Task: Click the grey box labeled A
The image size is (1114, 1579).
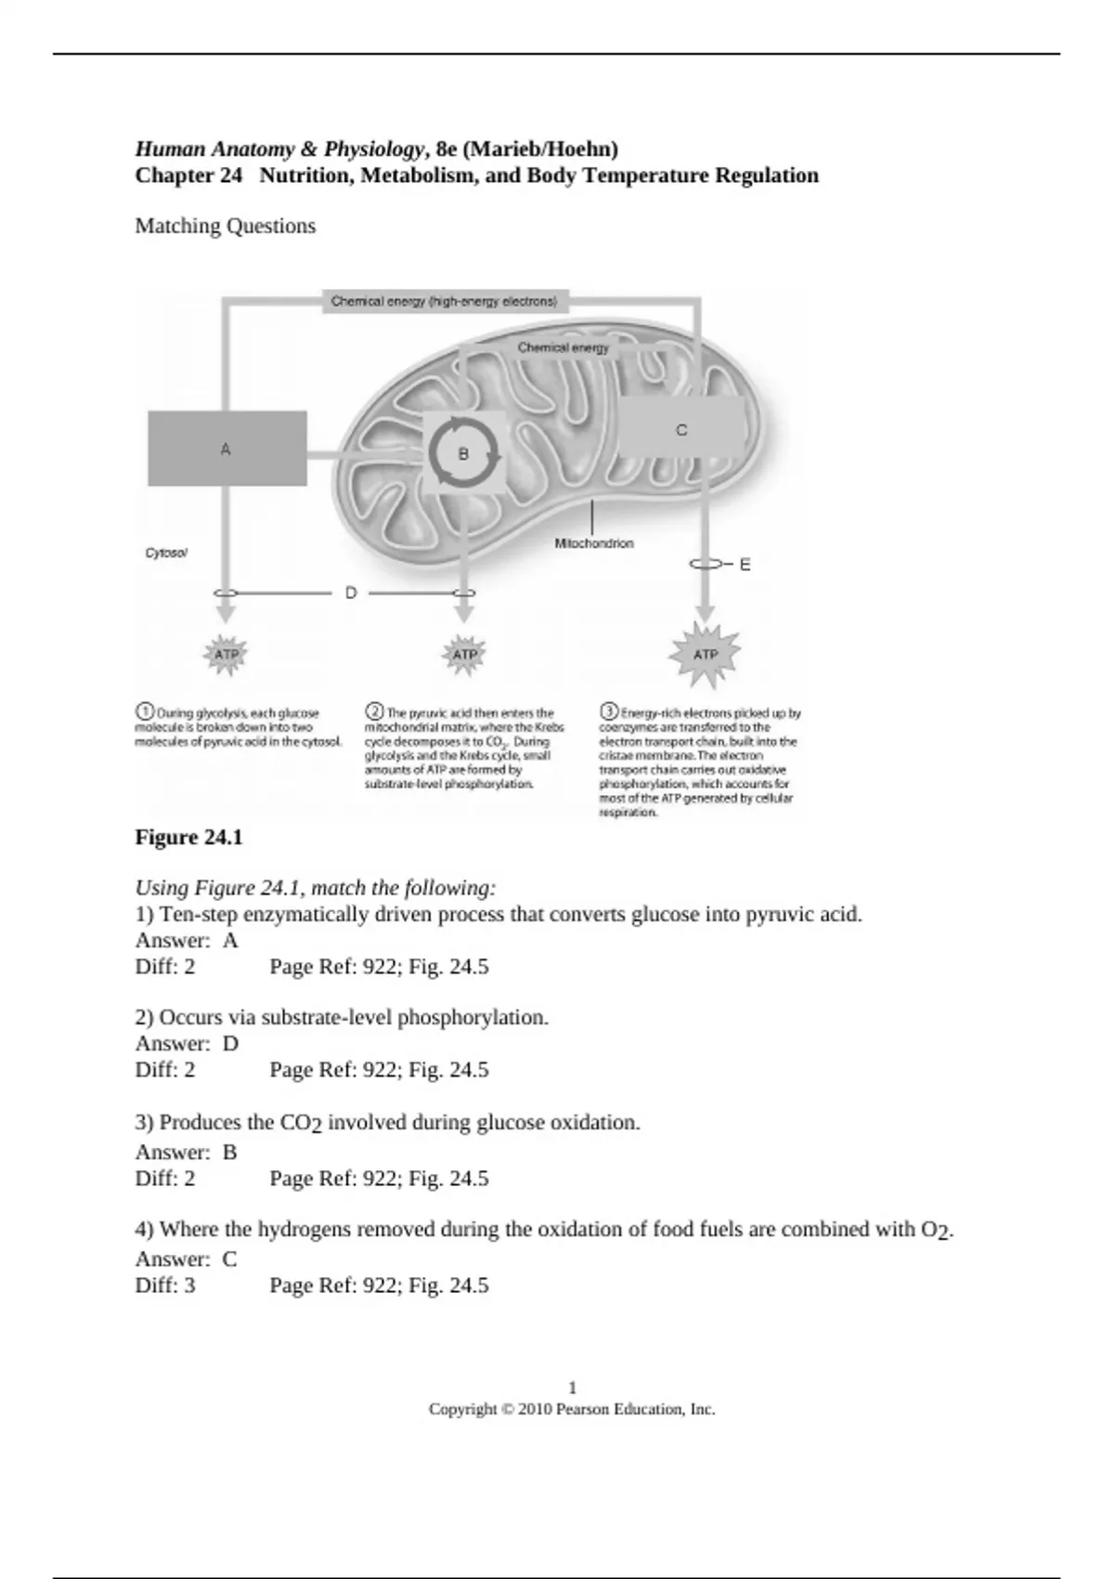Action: [x=227, y=449]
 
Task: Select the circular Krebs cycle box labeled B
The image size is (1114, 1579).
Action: [x=464, y=454]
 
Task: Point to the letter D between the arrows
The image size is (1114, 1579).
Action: [x=351, y=593]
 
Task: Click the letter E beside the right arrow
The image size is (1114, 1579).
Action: [x=745, y=564]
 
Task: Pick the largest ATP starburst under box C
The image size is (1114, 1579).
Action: [x=706, y=654]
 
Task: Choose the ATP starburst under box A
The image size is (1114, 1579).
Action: [x=226, y=654]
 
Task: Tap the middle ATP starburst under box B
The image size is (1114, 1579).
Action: [x=464, y=654]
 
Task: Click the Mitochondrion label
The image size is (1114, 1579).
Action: [x=594, y=543]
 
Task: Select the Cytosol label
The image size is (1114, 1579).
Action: [x=166, y=553]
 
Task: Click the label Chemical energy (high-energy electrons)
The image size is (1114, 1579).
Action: [x=445, y=301]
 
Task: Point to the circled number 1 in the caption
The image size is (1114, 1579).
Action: [x=145, y=712]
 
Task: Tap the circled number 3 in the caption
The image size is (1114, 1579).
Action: [x=609, y=712]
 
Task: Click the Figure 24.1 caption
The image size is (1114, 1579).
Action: [x=189, y=838]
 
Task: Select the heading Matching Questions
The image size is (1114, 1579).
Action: [x=226, y=226]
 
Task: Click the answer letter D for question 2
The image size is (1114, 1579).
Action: [x=230, y=1043]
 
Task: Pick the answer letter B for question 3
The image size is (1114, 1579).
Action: [x=230, y=1152]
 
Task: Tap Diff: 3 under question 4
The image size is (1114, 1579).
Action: [x=165, y=1285]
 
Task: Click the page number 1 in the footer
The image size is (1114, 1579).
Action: [x=572, y=1388]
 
